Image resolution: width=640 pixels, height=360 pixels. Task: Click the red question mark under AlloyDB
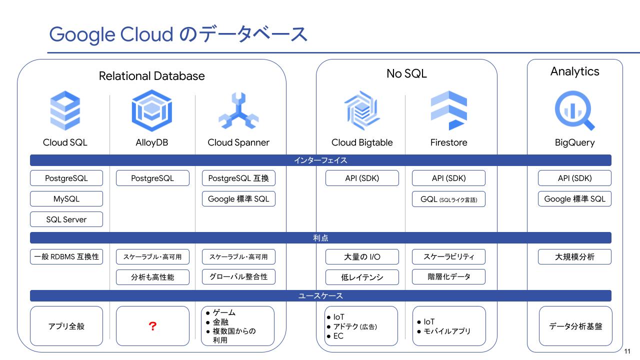152,326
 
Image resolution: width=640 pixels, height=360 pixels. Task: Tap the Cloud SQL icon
65,110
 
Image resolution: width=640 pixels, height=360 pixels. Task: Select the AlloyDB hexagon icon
151,110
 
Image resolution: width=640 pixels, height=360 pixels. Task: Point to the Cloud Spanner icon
238,110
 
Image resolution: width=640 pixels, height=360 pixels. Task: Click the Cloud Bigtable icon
362,110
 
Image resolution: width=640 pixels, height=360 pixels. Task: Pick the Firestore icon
449,110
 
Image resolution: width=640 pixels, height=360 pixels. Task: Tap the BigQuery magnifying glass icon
574,110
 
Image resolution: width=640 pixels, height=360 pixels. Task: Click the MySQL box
66,199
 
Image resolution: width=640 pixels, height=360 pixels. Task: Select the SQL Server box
66,219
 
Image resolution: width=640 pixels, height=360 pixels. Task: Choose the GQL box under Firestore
448,199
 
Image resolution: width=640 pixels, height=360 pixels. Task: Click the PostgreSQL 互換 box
238,178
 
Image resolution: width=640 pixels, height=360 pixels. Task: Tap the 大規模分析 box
574,257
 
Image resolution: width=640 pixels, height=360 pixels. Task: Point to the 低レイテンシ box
362,277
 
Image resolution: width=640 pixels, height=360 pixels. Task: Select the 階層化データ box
448,276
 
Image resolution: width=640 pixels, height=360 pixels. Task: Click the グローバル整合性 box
238,276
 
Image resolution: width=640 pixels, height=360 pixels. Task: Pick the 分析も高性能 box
152,277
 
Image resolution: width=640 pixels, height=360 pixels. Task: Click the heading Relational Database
151,76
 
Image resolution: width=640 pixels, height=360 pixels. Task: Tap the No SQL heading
406,73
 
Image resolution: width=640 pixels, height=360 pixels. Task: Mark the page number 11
627,351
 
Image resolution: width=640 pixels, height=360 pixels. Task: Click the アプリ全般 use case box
66,326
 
